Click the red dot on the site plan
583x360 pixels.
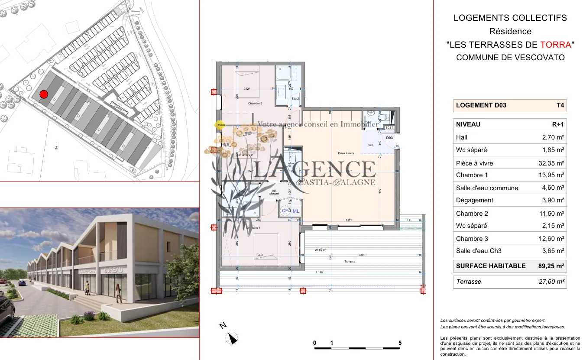coord(43,94)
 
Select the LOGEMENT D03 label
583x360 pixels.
coord(481,105)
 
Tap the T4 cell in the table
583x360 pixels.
coord(560,105)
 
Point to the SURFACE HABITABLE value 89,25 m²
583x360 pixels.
coord(551,266)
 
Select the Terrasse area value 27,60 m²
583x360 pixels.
coord(551,282)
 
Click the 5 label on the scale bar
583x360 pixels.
coord(400,343)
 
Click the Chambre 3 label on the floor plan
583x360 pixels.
coord(255,104)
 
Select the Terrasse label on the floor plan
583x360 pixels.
coord(350,262)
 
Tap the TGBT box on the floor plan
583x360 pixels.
coord(389,128)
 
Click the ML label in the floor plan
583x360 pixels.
coord(296,211)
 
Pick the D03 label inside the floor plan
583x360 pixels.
coord(389,138)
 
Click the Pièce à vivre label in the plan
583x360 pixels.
coord(346,153)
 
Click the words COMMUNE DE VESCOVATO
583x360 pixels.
coord(510,58)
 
